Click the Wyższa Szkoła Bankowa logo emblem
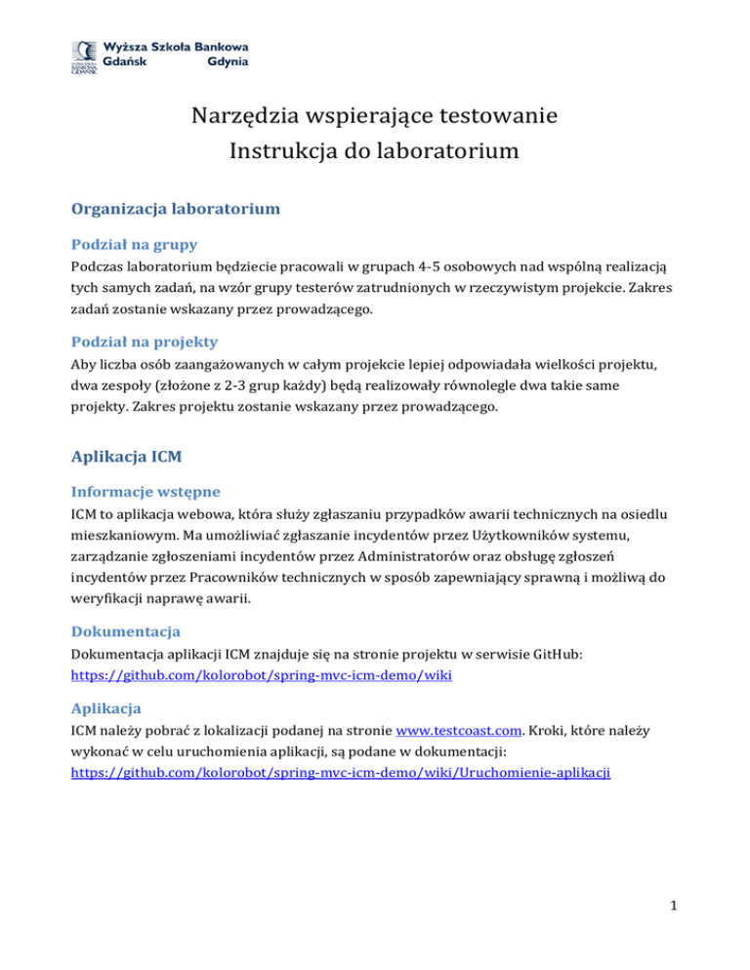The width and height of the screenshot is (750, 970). click(83, 56)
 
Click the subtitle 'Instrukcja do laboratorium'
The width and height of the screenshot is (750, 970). click(374, 152)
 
